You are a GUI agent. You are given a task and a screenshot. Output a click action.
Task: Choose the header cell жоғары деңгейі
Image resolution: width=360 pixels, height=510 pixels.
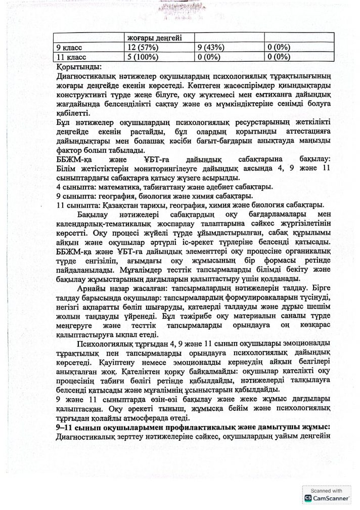[155, 38]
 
